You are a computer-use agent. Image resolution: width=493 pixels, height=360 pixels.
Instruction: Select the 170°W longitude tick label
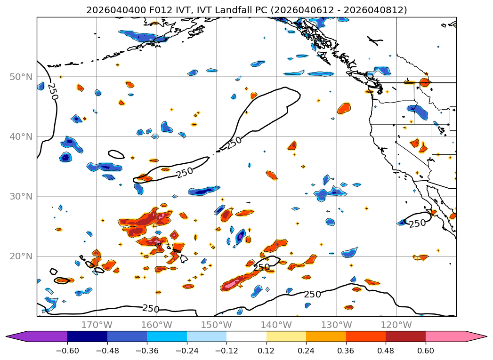click(x=97, y=325)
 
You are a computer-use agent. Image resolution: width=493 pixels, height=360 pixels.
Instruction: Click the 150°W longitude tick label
click(x=216, y=325)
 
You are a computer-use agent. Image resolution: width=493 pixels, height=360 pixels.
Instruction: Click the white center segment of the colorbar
click(x=246, y=336)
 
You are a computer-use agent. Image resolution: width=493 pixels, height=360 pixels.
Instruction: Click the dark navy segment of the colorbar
click(x=87, y=336)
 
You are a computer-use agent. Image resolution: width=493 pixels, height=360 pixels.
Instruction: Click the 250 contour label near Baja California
click(x=417, y=223)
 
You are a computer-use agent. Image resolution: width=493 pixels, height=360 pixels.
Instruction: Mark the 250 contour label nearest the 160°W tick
click(x=151, y=309)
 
